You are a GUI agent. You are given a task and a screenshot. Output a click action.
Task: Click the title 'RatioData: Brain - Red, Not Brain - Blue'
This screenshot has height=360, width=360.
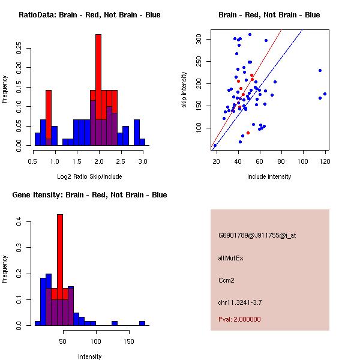coord(89,15)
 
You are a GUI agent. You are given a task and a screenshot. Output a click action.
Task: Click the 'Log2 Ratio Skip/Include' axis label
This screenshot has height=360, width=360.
coord(89,176)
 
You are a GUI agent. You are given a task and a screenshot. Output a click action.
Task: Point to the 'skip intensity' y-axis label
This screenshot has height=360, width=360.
coord(184,90)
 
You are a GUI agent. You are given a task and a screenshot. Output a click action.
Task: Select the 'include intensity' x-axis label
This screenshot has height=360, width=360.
coord(269,176)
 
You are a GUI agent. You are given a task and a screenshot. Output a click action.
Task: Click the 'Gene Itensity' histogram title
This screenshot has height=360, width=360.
coord(89,195)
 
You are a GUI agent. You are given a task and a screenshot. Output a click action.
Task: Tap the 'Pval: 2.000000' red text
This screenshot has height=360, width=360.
coord(239,319)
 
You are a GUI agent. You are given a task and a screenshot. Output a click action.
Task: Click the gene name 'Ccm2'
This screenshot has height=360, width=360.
coord(226,280)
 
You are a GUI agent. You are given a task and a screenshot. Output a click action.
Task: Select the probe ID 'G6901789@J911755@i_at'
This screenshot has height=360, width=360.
coord(257,235)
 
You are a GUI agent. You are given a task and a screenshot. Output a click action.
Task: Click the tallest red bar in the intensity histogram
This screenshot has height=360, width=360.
coord(60,252)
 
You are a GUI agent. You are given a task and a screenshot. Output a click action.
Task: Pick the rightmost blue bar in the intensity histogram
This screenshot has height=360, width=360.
coord(142,323)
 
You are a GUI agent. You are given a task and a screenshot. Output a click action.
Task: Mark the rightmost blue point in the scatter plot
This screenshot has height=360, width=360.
coord(325,94)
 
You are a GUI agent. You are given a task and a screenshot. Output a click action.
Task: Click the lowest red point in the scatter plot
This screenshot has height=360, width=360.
coord(248,133)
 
